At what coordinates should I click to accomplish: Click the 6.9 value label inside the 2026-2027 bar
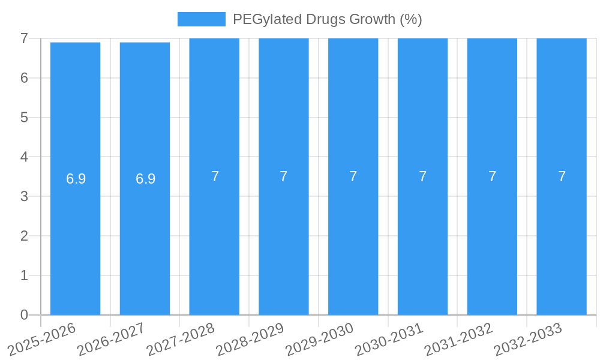click(145, 179)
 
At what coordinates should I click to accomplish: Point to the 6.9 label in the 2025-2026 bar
click(76, 179)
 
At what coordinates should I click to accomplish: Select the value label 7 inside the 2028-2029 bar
click(284, 176)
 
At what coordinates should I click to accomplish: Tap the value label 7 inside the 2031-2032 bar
click(492, 176)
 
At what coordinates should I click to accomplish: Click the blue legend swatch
click(201, 19)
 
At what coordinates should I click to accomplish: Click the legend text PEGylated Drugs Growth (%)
click(327, 19)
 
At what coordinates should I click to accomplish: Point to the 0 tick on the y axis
click(24, 315)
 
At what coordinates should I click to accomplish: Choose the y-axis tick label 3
click(24, 196)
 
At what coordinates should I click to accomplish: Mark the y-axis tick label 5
click(24, 118)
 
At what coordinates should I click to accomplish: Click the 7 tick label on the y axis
click(24, 38)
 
